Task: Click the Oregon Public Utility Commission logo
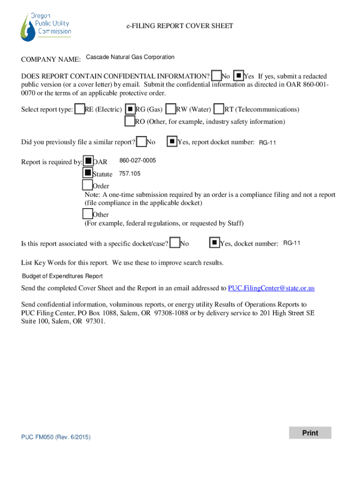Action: [45, 26]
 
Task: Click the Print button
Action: [310, 433]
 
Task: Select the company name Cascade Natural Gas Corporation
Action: [130, 57]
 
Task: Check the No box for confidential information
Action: [216, 76]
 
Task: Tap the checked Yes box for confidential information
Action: [238, 75]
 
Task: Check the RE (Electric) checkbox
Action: [80, 109]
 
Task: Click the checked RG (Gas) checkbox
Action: [130, 109]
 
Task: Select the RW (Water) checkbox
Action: [171, 109]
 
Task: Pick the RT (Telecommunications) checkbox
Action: [219, 109]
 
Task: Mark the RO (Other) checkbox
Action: [130, 121]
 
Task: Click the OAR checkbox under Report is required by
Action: [88, 161]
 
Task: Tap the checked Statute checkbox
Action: [87, 174]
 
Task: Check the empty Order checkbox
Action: [87, 186]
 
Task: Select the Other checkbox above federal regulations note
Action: [87, 214]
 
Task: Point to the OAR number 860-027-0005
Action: [137, 161]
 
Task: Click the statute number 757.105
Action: [130, 174]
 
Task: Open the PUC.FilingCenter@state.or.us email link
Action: [271, 288]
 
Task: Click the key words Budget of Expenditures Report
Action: [62, 276]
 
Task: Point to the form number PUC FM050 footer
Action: [56, 437]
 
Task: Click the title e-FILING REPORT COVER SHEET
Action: [180, 26]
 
